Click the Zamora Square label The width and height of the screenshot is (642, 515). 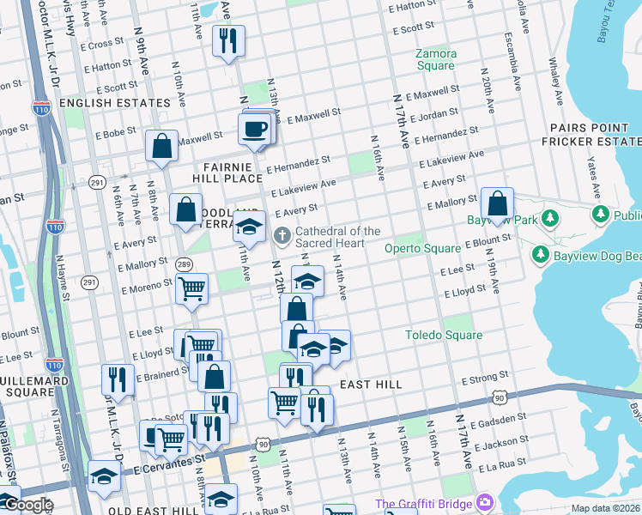[436, 59]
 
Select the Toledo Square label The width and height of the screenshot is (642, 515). [444, 335]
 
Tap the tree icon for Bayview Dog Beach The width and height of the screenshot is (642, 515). [541, 255]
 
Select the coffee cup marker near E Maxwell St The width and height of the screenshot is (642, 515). [254, 130]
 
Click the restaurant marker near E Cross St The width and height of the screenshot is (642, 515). [228, 40]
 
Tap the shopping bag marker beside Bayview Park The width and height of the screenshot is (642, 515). [497, 204]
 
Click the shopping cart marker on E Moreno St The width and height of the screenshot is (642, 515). [192, 288]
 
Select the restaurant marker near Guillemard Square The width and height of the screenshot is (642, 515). [118, 379]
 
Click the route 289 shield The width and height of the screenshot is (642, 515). [184, 264]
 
